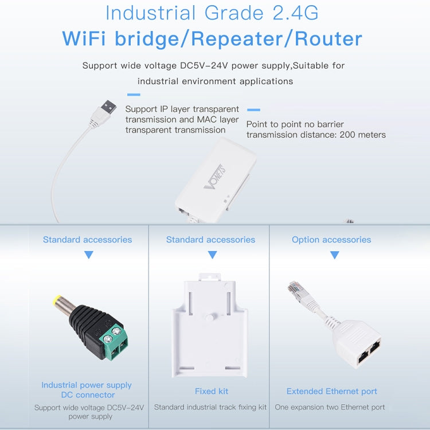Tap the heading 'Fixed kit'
pos(211,391)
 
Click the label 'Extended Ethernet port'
pos(331,391)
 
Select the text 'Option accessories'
pos(331,240)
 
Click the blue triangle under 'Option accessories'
pos(335,255)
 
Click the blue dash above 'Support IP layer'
pos(134,95)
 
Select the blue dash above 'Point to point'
pos(253,110)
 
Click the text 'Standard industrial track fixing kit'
pos(210,407)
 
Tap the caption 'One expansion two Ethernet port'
pos(330,407)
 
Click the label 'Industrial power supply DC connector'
pos(87,390)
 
